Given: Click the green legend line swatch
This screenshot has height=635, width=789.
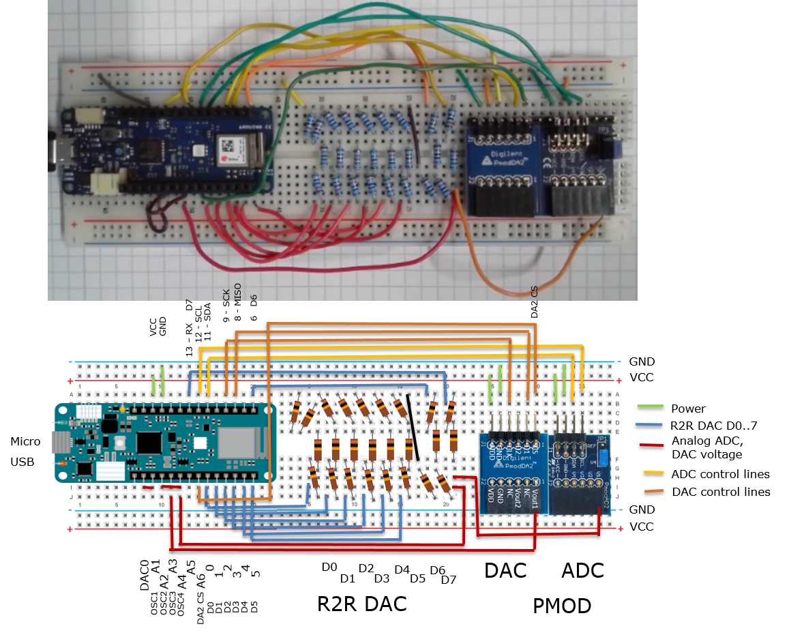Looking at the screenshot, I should (x=650, y=406).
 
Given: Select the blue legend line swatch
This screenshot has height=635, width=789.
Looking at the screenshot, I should (x=649, y=424).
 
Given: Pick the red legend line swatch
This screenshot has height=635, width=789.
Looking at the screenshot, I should (x=651, y=445).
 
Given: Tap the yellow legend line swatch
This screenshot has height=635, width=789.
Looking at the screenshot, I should (x=653, y=472).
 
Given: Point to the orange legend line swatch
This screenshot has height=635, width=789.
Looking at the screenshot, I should (x=653, y=491).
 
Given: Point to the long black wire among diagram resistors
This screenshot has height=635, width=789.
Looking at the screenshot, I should (x=413, y=426).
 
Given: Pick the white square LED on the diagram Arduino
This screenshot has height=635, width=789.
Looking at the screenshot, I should (x=199, y=443).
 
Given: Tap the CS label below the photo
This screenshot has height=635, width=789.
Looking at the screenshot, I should (x=535, y=291).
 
